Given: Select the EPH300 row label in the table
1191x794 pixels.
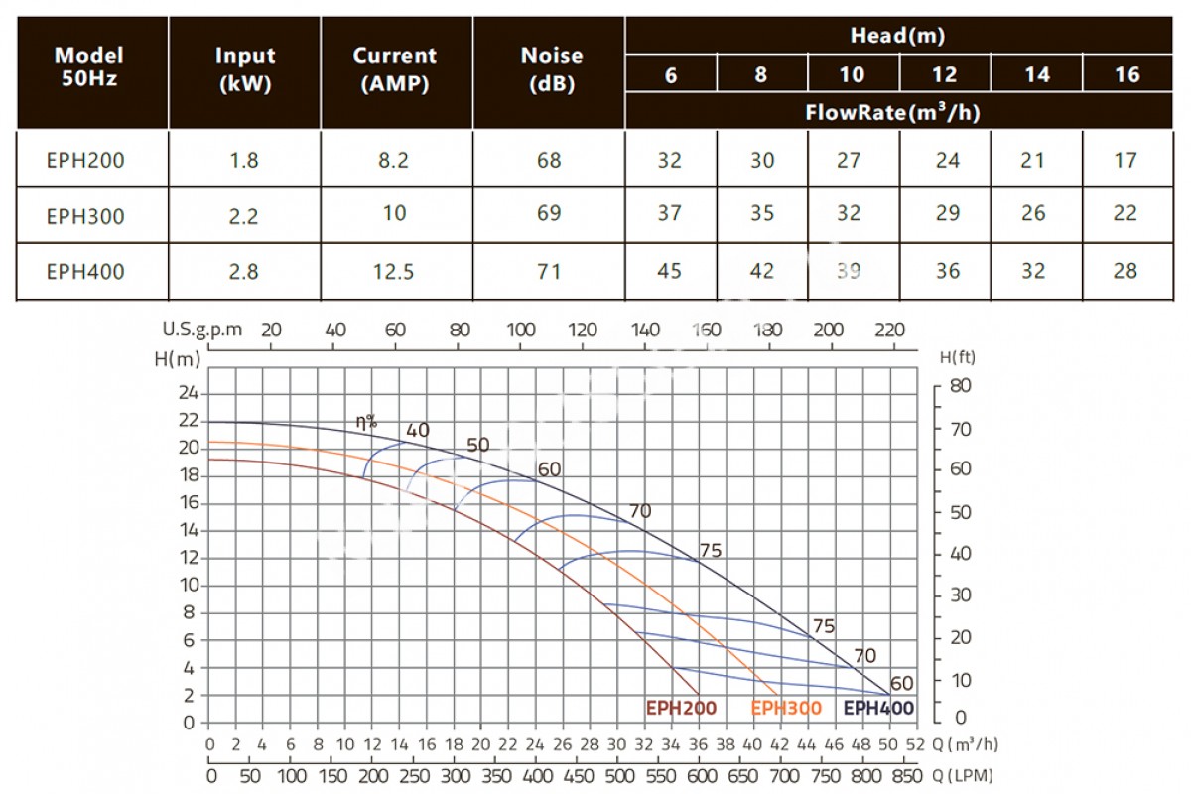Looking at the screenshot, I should [x=85, y=214].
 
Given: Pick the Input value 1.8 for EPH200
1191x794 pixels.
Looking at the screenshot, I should [x=244, y=160].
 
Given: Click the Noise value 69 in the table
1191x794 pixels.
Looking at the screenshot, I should [x=548, y=213].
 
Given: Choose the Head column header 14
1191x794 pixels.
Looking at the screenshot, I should [x=1036, y=75].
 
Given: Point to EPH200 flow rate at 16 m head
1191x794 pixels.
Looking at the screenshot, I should [x=1125, y=160].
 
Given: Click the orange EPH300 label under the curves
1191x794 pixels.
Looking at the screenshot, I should [x=786, y=708].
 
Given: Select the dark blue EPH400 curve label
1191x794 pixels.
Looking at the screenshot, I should [x=878, y=708].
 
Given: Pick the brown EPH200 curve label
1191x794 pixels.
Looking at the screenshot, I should [x=681, y=708].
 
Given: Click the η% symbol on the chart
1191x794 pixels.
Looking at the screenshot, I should [x=367, y=422].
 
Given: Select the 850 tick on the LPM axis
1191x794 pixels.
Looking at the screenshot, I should [x=905, y=775].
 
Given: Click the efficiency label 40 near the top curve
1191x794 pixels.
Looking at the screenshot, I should [x=417, y=430].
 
